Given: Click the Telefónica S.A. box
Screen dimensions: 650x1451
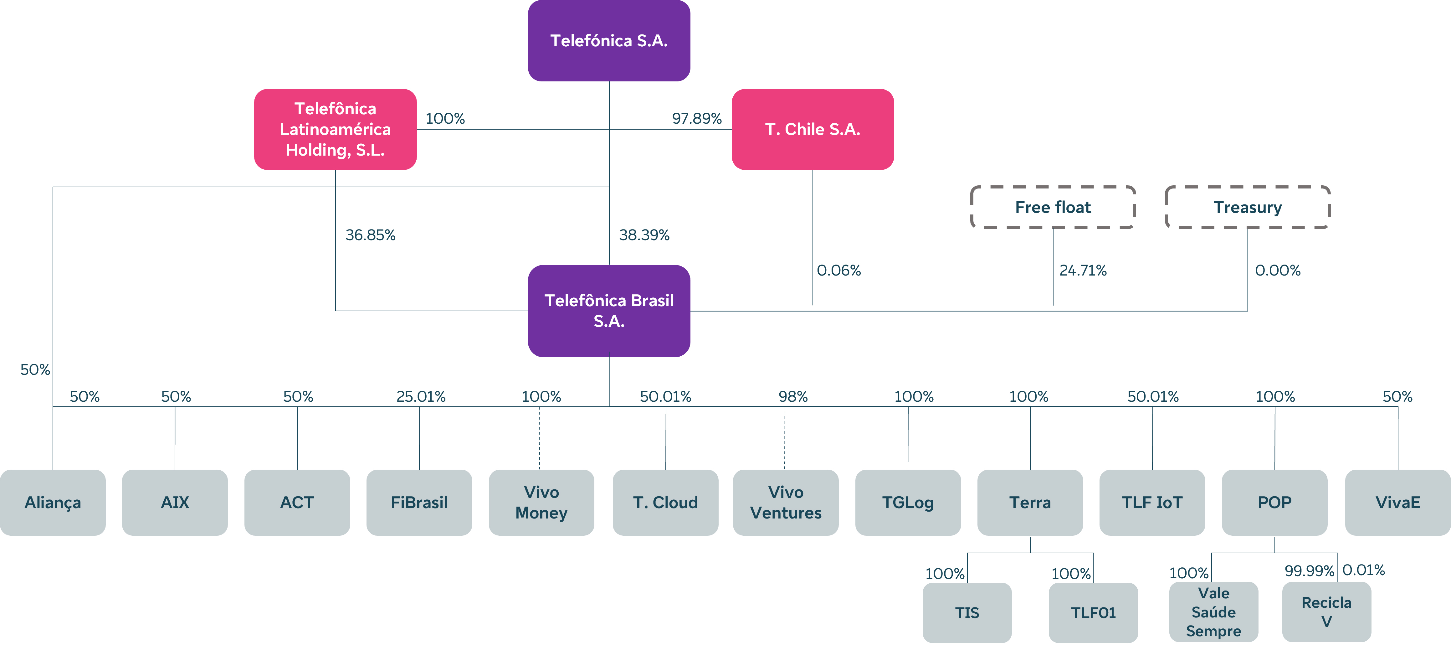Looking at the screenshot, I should [x=609, y=41].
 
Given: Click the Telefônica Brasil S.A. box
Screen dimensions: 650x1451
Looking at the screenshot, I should [x=609, y=310].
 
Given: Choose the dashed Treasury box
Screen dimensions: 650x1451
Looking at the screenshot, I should [x=1247, y=207].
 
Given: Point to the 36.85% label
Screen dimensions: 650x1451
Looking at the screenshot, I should [x=370, y=235].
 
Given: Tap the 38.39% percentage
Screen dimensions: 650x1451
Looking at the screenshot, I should [x=644, y=235].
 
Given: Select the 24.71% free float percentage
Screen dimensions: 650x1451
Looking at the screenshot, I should [x=1083, y=271].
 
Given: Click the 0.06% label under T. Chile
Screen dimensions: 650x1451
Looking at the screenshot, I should [x=839, y=271].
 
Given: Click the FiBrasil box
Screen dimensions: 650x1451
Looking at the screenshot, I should [x=419, y=502].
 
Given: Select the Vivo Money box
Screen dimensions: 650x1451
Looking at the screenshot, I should [x=541, y=502].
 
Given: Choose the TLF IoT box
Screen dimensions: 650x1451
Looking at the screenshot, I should [x=1152, y=502].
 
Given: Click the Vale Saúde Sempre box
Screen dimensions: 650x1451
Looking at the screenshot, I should [x=1213, y=612].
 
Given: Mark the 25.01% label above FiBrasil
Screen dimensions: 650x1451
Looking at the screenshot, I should [x=421, y=396].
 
